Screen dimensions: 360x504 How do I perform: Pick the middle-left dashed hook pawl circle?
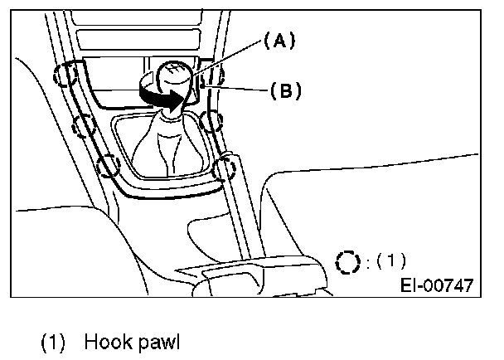[84, 127]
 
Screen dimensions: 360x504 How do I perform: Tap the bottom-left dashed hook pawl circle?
[109, 166]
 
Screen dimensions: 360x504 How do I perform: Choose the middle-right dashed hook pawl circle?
[212, 122]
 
